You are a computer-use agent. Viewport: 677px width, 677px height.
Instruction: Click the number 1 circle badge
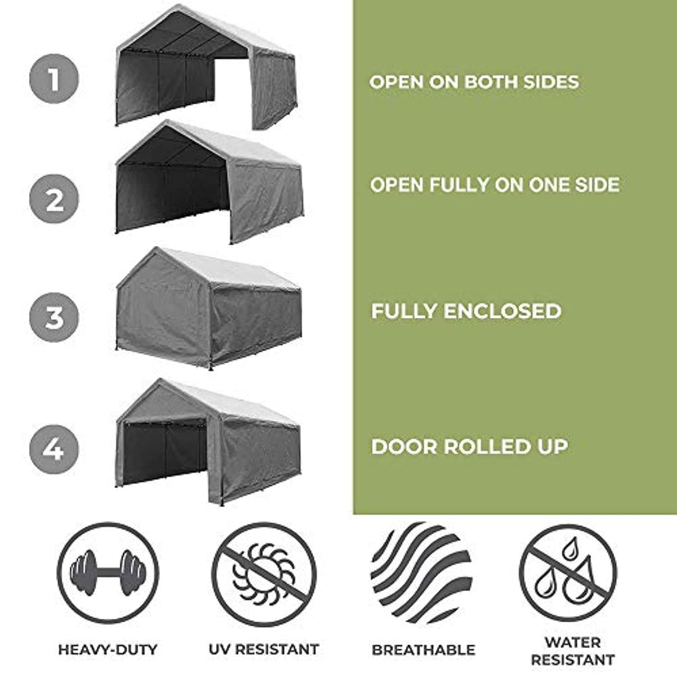coord(54,79)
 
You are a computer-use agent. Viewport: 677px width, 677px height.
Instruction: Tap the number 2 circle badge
coord(54,199)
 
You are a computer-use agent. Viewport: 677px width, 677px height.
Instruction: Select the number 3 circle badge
coord(54,317)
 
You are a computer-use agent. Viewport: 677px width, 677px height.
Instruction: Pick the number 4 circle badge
coord(54,449)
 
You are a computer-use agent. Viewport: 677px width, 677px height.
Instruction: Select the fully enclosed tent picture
coord(208,308)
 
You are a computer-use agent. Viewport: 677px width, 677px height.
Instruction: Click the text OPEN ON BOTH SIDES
coord(473,82)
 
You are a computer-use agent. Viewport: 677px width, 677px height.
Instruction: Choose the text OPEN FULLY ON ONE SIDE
coord(495,185)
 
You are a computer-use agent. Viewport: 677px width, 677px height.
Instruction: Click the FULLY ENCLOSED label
coord(466,311)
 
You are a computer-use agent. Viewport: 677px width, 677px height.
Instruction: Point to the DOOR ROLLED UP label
coord(469,447)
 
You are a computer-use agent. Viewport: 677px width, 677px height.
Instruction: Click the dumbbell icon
coord(108,573)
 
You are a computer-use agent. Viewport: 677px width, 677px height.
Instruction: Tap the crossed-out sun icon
coord(264,573)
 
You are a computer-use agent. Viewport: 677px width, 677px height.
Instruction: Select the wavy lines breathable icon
coord(421,573)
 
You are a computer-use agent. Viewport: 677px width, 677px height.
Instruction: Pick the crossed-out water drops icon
coord(568,573)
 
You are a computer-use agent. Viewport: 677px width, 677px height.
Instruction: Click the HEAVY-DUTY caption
coord(108,649)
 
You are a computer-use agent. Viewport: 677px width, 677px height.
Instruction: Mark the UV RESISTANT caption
coord(264,649)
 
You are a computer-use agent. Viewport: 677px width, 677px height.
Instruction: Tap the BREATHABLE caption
coord(424,650)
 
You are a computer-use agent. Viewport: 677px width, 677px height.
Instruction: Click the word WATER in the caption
coord(573,643)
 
